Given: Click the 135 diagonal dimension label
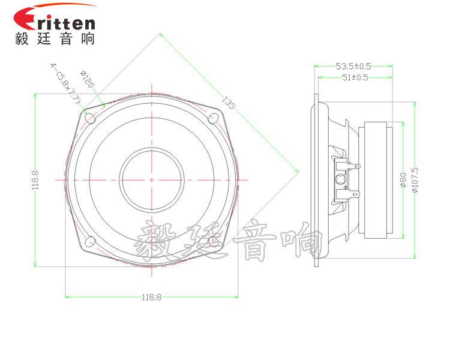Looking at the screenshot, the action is [x=229, y=103].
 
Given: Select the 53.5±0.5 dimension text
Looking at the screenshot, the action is [x=353, y=67].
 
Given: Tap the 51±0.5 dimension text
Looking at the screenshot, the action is [x=355, y=77].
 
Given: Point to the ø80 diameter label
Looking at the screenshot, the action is [x=403, y=180].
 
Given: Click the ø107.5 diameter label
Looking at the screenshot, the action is [x=415, y=180].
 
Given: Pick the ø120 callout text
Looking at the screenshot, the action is [x=87, y=79].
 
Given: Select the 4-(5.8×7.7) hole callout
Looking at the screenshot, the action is [x=66, y=83].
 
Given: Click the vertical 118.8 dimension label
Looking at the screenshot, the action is [x=35, y=180].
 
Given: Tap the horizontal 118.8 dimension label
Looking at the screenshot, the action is [x=152, y=297].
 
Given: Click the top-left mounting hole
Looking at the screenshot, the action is [x=91, y=118].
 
